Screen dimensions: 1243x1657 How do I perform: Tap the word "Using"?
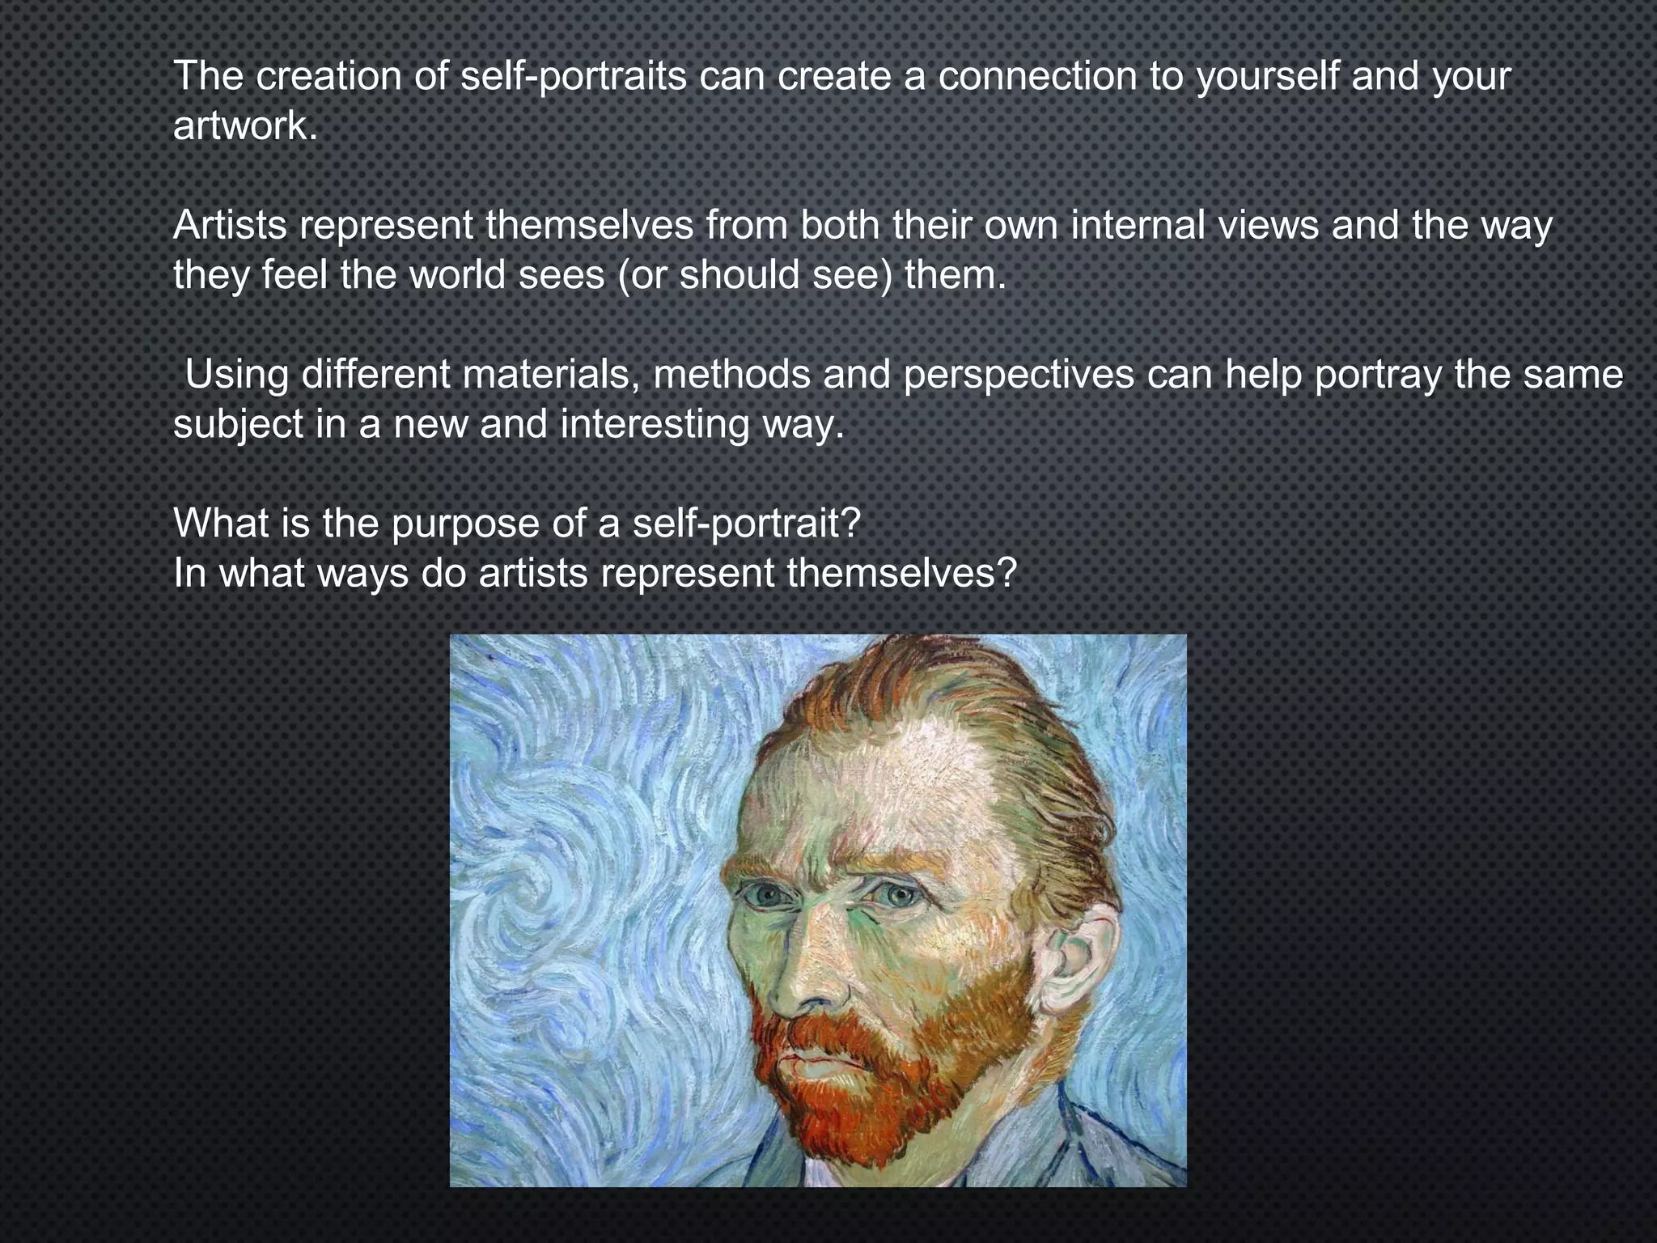pos(237,375)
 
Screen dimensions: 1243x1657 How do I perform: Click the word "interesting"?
pos(655,425)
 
